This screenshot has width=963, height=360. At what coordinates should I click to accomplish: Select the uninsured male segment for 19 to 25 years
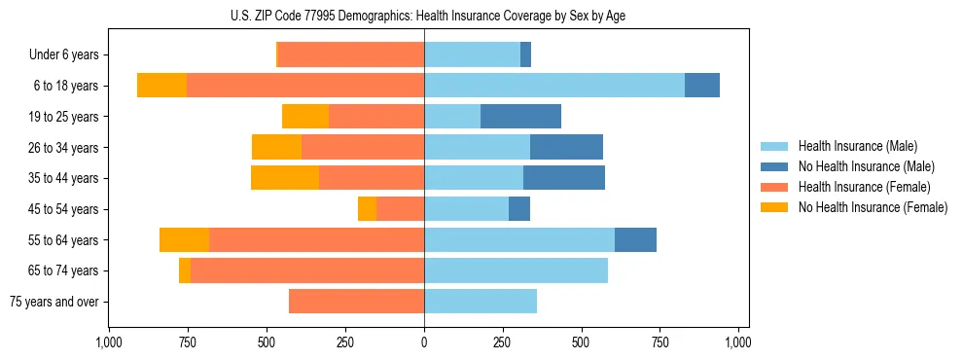click(520, 117)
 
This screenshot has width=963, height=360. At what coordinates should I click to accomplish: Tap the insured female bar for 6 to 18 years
click(305, 86)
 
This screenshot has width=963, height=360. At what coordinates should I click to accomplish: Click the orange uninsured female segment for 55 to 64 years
click(184, 240)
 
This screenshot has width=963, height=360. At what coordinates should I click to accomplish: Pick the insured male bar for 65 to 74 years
click(516, 270)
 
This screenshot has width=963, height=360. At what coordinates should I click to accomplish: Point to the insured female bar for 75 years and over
click(356, 302)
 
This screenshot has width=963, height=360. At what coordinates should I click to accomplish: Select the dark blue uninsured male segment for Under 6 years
click(525, 54)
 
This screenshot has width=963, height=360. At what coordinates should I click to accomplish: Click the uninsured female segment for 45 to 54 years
click(367, 209)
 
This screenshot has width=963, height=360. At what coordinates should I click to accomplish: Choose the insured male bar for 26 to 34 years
click(477, 147)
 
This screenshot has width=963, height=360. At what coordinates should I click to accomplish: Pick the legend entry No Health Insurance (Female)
click(873, 207)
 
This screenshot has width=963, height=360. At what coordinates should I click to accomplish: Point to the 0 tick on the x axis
click(424, 342)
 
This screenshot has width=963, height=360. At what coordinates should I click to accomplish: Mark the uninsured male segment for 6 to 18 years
click(702, 86)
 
